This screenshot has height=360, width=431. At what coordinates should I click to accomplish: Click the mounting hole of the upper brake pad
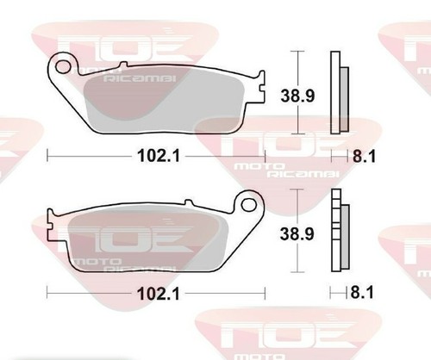[x=63, y=67]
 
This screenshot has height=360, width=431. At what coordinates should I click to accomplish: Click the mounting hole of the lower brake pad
[x=249, y=205]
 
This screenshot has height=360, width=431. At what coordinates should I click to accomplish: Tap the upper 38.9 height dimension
[x=297, y=96]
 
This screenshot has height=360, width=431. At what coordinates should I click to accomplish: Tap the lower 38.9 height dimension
[x=297, y=234]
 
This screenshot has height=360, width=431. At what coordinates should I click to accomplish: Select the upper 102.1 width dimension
[x=159, y=156]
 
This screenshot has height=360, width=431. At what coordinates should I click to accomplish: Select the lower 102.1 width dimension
[x=159, y=294]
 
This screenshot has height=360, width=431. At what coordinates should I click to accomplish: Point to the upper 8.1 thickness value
[x=364, y=157]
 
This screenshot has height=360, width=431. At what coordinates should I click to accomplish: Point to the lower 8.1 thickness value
[x=362, y=293]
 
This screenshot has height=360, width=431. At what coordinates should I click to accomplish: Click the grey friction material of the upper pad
[x=165, y=99]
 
